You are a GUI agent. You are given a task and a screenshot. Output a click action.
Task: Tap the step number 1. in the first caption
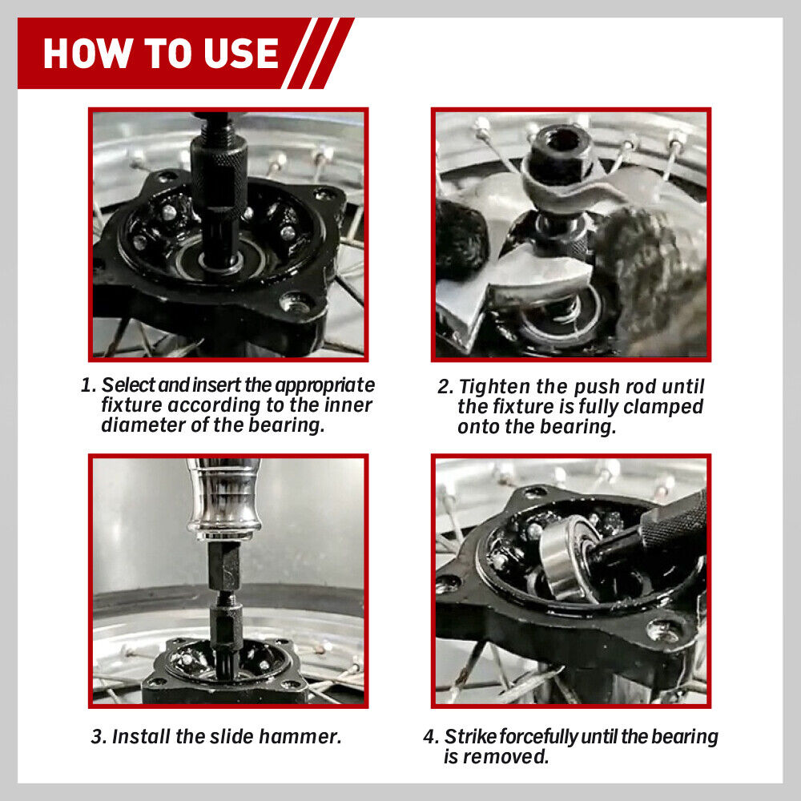tap(89, 385)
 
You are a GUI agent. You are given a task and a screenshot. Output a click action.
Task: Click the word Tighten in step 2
tap(494, 387)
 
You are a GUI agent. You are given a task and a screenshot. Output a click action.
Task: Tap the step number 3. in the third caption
tap(99, 737)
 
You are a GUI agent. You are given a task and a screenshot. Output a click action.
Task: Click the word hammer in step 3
tap(305, 737)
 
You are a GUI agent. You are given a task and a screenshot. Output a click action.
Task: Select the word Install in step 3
tap(137, 737)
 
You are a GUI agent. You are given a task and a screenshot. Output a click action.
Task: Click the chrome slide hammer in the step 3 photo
tap(223, 501)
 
